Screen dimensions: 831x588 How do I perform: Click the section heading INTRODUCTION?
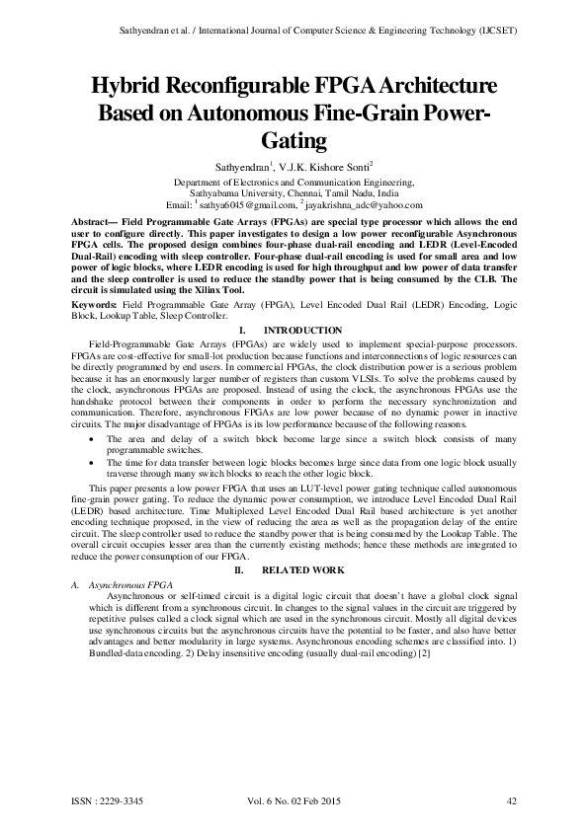(304, 330)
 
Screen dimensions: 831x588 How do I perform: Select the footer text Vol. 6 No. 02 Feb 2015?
(294, 800)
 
